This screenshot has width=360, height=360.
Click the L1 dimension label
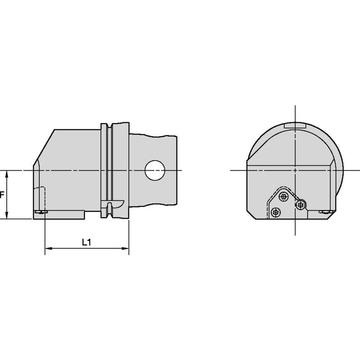tap(86, 242)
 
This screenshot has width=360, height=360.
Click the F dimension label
tap(2, 195)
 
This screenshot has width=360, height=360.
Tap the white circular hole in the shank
tap(155, 170)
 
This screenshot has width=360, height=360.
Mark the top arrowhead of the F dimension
tap(7, 173)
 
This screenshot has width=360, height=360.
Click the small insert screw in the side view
tap(40, 212)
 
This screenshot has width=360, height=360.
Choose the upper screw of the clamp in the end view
tap(284, 196)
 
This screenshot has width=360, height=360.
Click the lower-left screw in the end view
tap(276, 213)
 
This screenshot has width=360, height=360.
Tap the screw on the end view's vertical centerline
tap(300, 205)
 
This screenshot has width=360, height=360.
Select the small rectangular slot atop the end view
tap(295, 126)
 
